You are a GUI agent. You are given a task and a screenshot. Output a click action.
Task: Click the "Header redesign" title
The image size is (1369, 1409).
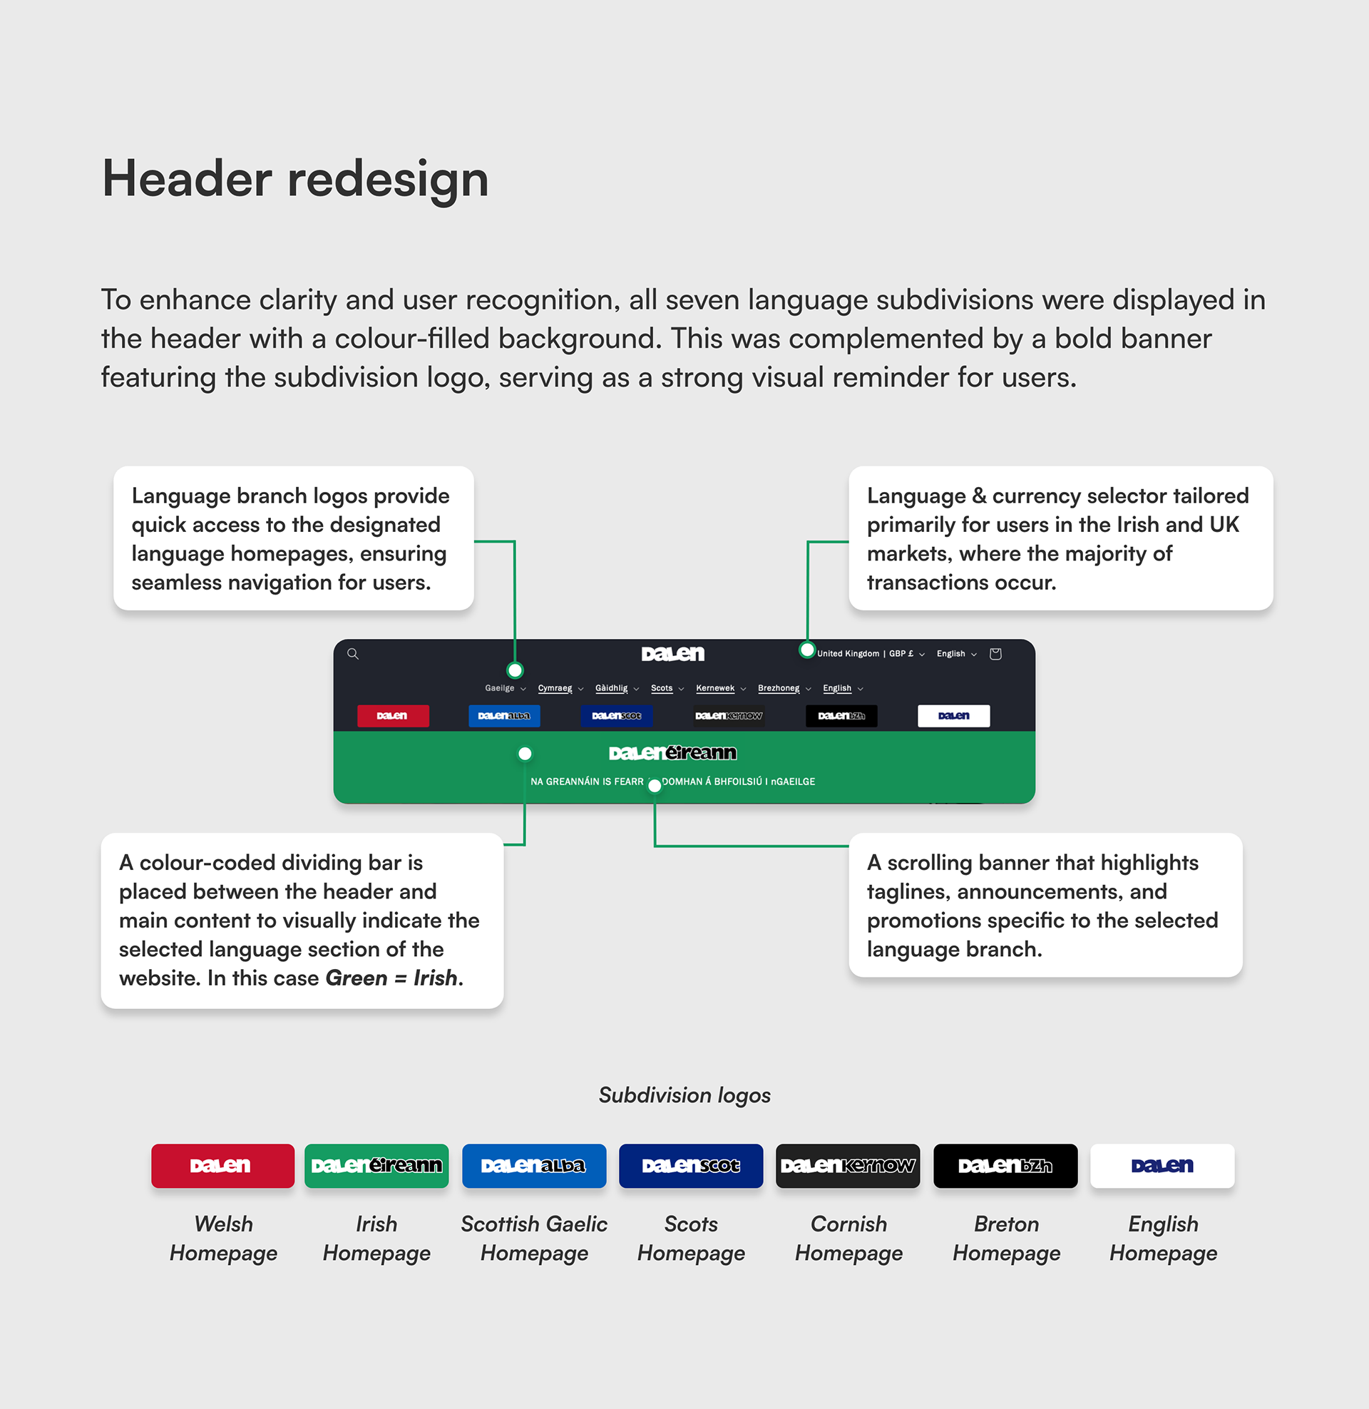294,178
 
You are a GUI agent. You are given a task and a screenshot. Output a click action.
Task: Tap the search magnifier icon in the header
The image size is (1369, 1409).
353,653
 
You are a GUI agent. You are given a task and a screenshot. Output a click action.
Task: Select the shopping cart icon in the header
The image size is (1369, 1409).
995,653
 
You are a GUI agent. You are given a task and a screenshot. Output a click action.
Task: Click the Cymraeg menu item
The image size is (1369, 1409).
555,688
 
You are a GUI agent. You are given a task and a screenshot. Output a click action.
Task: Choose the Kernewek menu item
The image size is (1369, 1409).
714,688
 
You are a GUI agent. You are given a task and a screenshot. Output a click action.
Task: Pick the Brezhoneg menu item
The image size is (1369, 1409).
778,688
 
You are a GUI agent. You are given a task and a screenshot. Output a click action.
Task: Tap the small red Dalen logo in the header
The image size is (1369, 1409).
393,715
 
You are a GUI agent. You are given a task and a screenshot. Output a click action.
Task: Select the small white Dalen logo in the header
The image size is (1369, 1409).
953,715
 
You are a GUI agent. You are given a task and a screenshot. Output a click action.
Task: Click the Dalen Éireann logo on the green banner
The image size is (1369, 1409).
672,753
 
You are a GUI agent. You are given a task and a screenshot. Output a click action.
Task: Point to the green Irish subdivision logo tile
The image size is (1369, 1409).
376,1165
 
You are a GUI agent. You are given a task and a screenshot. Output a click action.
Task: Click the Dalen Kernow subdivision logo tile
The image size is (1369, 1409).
848,1165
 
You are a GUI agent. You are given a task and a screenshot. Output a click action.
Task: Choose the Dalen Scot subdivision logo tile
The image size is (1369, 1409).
690,1165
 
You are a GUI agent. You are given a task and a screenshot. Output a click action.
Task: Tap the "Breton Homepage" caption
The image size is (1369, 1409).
1006,1238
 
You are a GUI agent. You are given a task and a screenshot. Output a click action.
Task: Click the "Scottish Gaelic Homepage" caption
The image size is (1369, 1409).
533,1238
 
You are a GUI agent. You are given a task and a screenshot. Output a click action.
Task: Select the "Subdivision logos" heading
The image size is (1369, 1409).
684,1095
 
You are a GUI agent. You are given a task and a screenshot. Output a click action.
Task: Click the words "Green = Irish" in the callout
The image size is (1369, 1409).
391,978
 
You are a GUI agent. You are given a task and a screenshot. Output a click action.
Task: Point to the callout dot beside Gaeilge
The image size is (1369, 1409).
515,671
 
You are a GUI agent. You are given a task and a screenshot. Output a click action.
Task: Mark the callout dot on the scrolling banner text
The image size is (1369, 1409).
655,786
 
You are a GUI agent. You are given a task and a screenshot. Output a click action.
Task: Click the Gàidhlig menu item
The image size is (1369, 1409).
611,688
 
